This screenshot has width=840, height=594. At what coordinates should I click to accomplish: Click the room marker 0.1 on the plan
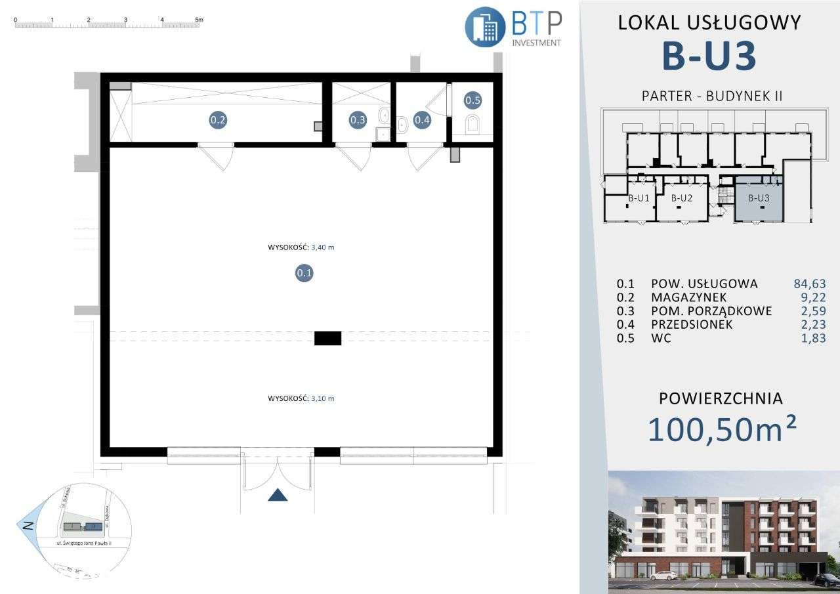pyautogui.click(x=304, y=273)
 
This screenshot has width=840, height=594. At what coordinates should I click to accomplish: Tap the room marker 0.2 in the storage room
pyautogui.click(x=218, y=120)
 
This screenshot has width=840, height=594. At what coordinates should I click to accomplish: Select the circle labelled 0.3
pyautogui.click(x=358, y=120)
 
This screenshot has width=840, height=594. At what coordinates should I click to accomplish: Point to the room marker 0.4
pyautogui.click(x=422, y=120)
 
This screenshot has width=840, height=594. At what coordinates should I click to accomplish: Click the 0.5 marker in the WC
pyautogui.click(x=472, y=100)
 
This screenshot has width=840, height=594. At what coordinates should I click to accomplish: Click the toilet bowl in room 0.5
pyautogui.click(x=472, y=124)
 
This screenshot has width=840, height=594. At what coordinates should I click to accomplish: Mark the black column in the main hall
pyautogui.click(x=327, y=338)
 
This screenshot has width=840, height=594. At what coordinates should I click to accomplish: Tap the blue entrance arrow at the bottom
pyautogui.click(x=278, y=495)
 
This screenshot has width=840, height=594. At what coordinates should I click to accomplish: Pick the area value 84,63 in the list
pyautogui.click(x=809, y=284)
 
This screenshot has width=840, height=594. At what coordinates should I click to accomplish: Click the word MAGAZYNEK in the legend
pyautogui.click(x=689, y=297)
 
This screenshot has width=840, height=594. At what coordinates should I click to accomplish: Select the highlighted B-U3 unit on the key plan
pyautogui.click(x=758, y=198)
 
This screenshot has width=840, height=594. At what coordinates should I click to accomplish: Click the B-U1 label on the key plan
pyautogui.click(x=638, y=198)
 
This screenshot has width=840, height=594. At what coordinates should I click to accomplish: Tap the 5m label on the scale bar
pyautogui.click(x=198, y=20)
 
